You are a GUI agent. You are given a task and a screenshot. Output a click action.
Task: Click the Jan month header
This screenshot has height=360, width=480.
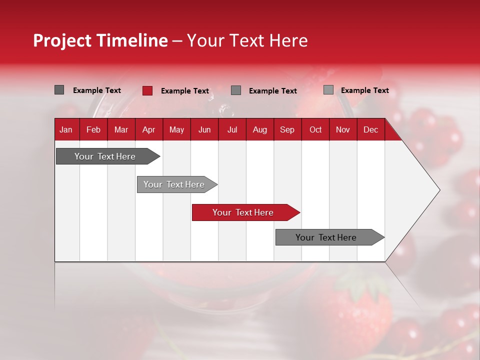[x=66, y=129]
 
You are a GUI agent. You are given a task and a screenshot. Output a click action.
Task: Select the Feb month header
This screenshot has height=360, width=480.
[x=93, y=129]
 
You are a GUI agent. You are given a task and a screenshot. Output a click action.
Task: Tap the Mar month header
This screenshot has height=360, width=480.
[x=121, y=129]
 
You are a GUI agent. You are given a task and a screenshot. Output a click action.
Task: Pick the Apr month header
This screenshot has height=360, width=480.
[x=148, y=129]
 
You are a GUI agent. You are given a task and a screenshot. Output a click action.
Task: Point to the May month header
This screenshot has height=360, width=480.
[x=176, y=129]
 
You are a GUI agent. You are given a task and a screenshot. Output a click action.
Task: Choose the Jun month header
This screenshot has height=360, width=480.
[x=204, y=129]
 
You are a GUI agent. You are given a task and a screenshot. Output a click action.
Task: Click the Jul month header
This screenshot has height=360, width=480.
[x=232, y=129]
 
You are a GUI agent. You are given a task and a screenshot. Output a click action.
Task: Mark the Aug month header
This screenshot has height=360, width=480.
[x=260, y=129]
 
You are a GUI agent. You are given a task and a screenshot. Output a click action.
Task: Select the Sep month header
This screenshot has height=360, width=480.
[x=287, y=129]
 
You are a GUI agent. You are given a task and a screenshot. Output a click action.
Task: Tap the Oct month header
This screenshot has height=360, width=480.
[x=315, y=129]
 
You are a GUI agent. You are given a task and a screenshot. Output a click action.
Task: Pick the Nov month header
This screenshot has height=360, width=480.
[x=343, y=129]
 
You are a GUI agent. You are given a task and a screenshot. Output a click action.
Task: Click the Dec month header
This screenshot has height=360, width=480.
[x=371, y=129]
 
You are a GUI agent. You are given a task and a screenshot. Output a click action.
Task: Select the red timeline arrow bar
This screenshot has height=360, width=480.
[x=245, y=212]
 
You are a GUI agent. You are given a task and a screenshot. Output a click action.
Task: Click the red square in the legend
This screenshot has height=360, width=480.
[x=147, y=90]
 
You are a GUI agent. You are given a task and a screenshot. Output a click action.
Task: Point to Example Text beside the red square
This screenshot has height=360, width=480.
[x=185, y=91]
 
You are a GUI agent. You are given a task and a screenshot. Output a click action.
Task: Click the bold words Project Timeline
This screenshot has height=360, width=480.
[x=100, y=40]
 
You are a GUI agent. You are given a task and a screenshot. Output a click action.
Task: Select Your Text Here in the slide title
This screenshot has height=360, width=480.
[x=247, y=40]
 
